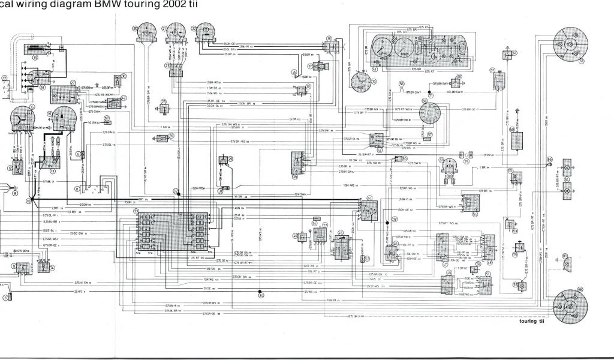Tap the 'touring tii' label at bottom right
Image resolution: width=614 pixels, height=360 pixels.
(519, 321)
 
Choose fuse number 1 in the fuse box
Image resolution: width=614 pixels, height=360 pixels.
(146, 217)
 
